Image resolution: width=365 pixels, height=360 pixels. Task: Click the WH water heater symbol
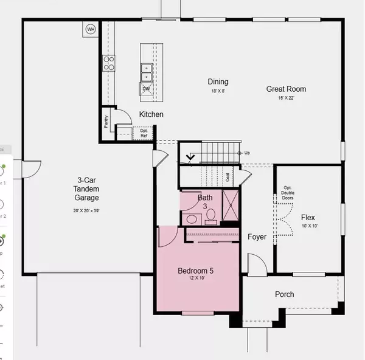[x=91, y=29]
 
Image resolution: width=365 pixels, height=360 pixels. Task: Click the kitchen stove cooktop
[x=108, y=63]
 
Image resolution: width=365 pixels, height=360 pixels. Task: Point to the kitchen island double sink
[x=147, y=72]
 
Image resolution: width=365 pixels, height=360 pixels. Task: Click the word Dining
[x=217, y=81]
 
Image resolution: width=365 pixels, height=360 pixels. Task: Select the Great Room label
[x=286, y=89]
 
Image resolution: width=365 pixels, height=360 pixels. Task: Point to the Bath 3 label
[x=204, y=201]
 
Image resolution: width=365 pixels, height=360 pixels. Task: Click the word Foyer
[x=257, y=237]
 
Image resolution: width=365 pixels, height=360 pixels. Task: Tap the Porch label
[x=284, y=294]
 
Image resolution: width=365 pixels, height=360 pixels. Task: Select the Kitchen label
[x=151, y=114]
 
